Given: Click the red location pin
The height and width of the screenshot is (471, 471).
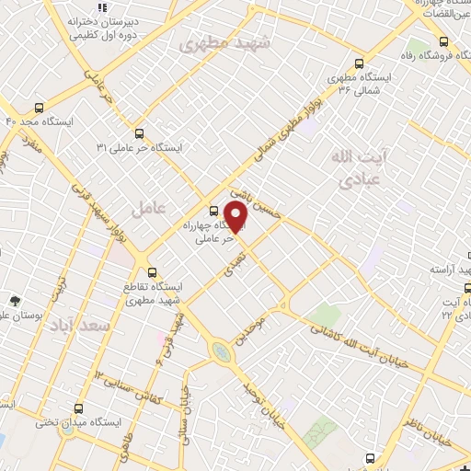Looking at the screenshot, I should coord(235,216).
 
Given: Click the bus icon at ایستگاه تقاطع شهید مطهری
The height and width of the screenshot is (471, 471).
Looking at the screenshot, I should coord(154,272).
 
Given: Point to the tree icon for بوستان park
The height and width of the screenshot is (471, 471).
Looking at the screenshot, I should coord(14,301).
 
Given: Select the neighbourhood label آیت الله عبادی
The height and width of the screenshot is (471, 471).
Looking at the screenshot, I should coord(353,169).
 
